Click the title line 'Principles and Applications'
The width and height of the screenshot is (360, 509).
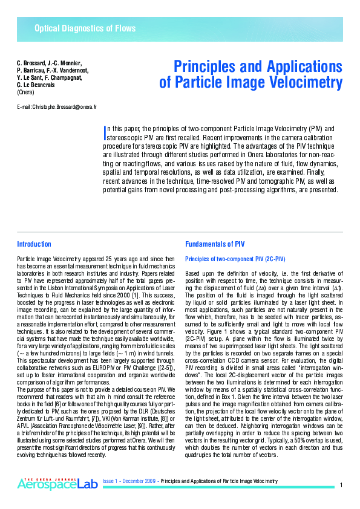tap(258, 66)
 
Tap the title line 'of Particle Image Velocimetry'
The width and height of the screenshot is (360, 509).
tap(250, 83)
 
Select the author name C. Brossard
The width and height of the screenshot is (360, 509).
tap(31, 63)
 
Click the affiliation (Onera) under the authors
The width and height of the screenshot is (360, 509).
tap(25, 92)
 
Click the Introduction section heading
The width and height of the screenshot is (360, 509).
tap(34, 244)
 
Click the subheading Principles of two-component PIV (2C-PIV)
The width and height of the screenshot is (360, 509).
tap(235, 259)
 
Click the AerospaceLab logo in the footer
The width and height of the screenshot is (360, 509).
tap(56, 483)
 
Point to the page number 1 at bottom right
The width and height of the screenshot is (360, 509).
tap(342, 485)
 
